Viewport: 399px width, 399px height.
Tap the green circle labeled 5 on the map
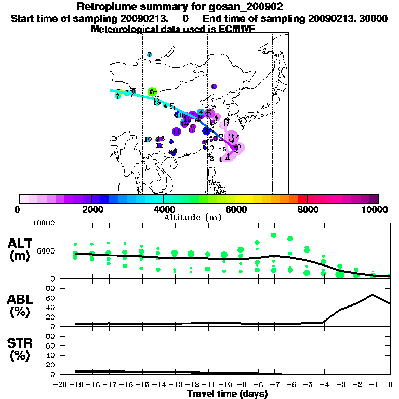[x=152, y=92]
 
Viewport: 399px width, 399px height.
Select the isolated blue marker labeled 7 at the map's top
[x=149, y=55]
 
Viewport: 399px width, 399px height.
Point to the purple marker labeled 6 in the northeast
[x=214, y=86]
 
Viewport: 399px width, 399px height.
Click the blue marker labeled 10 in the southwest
[x=148, y=139]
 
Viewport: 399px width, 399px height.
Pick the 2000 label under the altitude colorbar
[x=91, y=209]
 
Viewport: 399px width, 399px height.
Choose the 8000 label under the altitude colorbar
[x=307, y=209]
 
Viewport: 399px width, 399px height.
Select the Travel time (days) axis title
[x=227, y=394]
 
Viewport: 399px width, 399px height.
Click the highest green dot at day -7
[x=274, y=235]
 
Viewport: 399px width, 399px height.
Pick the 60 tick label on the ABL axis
[x=50, y=298]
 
